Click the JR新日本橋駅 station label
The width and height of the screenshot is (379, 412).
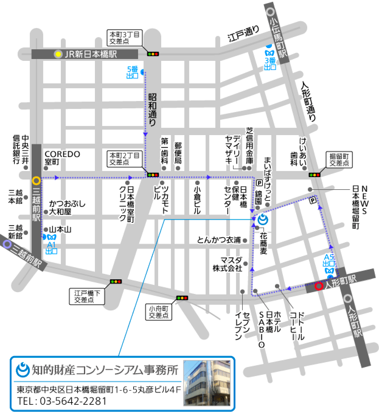(90, 54)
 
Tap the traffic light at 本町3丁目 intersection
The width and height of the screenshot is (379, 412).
(153, 54)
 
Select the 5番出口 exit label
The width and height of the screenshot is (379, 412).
(133, 72)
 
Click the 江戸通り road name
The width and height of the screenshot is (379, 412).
(244, 34)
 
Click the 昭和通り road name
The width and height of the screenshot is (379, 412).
(153, 110)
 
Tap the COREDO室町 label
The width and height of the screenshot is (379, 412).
(62, 157)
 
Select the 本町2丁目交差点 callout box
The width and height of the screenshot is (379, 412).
(124, 159)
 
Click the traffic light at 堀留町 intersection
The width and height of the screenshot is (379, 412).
(315, 175)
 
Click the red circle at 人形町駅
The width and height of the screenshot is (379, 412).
(318, 286)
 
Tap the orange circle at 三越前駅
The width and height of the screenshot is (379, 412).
(36, 181)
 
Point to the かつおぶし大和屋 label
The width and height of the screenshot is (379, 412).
(67, 208)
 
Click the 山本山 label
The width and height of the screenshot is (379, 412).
(60, 229)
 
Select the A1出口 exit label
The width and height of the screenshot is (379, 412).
(51, 248)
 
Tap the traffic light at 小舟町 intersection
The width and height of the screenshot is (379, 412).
(182, 298)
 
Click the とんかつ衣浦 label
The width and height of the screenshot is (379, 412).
(219, 240)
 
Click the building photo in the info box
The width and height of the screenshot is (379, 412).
(207, 383)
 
